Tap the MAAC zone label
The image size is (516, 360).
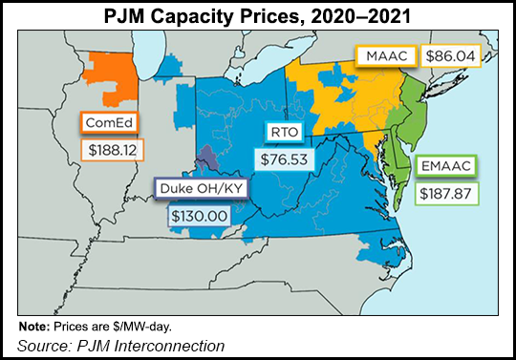(x=387, y=56)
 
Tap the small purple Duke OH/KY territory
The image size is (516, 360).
(x=208, y=162)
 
